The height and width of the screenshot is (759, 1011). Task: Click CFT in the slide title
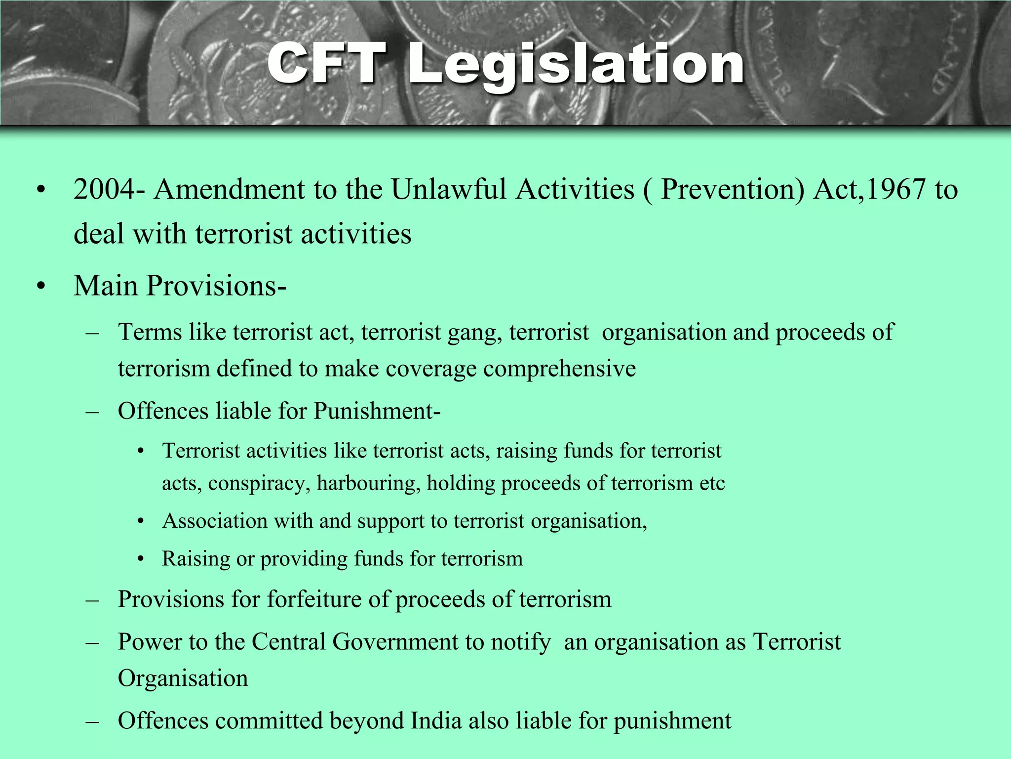click(326, 63)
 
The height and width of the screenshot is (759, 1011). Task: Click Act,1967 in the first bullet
click(869, 190)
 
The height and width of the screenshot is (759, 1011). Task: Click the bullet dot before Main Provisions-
click(41, 287)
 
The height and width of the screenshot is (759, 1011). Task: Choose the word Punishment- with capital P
click(377, 411)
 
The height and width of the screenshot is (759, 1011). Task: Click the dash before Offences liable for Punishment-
click(92, 411)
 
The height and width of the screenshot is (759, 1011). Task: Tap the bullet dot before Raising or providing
click(141, 559)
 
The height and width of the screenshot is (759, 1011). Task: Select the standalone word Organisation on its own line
click(183, 678)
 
